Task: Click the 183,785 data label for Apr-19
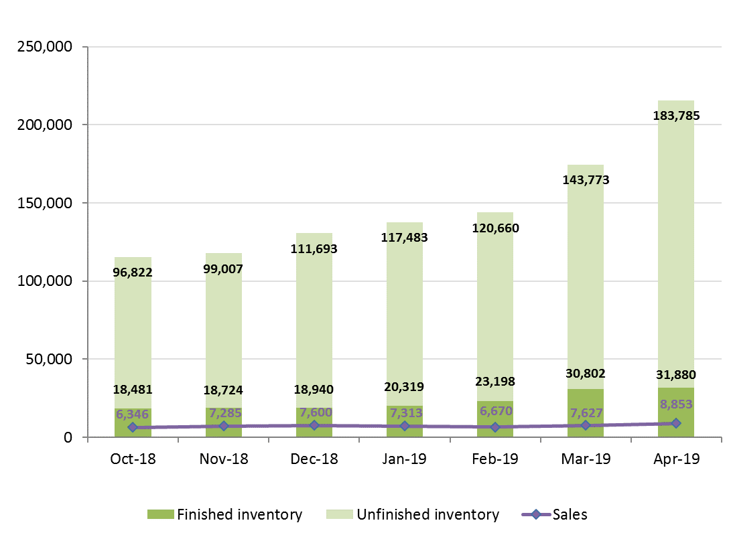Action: (675, 116)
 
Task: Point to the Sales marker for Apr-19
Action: (675, 423)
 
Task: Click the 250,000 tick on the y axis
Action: (45, 48)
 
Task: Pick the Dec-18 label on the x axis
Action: (314, 459)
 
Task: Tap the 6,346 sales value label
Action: (132, 414)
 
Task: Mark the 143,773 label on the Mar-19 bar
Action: (585, 179)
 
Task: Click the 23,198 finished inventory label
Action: (494, 382)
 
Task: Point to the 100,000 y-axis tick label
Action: (45, 281)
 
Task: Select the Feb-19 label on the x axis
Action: (494, 459)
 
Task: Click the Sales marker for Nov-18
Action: (223, 426)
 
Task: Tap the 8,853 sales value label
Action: (675, 404)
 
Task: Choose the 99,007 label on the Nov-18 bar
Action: (223, 269)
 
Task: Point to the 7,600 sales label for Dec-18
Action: (314, 412)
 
